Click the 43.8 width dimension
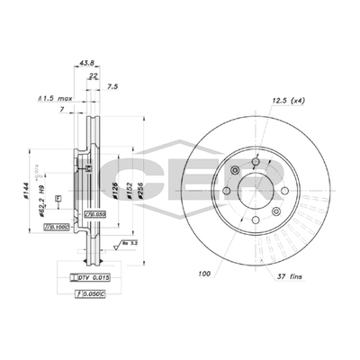click(x=87, y=63)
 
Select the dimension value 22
click(x=94, y=76)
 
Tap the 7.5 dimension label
click(x=112, y=87)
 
